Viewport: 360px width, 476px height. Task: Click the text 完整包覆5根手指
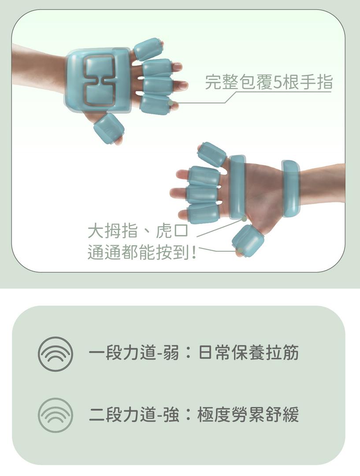(269, 82)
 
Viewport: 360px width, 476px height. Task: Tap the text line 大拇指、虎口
(138, 231)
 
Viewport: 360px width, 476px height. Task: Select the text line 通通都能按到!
(142, 253)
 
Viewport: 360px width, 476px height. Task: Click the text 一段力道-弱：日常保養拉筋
(194, 353)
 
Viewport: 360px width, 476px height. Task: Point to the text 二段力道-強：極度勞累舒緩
(194, 414)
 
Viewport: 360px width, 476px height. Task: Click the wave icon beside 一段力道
(55, 354)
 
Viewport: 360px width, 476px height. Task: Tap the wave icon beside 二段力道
(55, 415)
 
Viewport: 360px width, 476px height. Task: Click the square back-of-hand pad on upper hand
(98, 81)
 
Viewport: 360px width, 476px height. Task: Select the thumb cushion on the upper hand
(109, 129)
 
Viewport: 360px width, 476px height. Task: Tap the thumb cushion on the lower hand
(248, 241)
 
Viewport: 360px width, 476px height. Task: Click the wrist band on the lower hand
(291, 189)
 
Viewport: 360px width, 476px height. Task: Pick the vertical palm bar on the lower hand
(238, 187)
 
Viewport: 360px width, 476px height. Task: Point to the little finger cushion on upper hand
(148, 48)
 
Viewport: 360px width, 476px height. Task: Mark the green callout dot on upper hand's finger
(171, 103)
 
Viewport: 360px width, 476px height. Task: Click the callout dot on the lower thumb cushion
(240, 250)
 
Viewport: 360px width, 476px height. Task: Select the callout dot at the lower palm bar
(244, 219)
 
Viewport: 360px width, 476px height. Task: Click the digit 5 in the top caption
(278, 82)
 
